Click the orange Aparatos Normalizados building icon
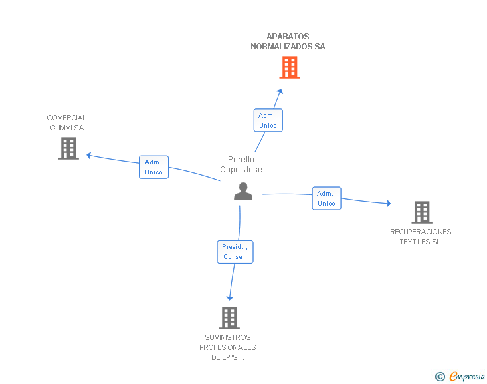coord(289,67)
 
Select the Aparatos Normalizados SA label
coord(288,41)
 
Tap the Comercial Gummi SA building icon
coord(68,148)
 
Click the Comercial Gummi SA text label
coord(67,123)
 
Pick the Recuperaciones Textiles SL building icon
coord(421,212)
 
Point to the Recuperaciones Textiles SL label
coord(421,237)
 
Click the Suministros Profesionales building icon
coord(229,318)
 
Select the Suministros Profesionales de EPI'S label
coord(227,347)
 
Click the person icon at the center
coord(243,192)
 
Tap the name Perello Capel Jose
coord(241,164)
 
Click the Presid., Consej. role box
coord(235,252)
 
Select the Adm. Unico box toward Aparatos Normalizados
coord(268,120)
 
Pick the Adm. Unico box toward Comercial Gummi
coord(154,167)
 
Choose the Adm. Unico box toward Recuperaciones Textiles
coord(326,198)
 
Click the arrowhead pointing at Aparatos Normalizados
coord(280,92)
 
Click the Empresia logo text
coord(467,377)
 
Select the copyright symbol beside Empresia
coord(440,377)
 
